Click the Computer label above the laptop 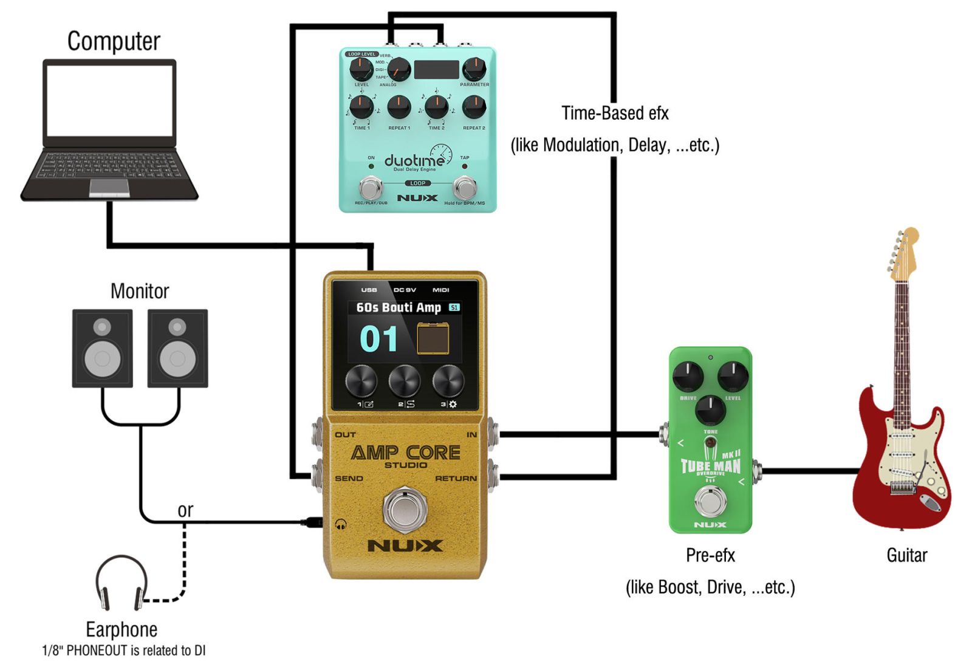(114, 41)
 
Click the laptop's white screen (110, 100)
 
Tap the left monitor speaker (102, 348)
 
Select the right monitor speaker (177, 348)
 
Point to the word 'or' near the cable (185, 510)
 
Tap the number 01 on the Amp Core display (378, 339)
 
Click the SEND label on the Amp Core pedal (349, 479)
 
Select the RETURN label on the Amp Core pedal (456, 479)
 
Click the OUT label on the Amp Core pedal (345, 435)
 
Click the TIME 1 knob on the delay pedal (361, 107)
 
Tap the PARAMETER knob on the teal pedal (474, 69)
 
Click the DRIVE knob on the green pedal (688, 375)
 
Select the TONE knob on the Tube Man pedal (710, 409)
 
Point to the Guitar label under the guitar (906, 555)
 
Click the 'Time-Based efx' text (615, 114)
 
